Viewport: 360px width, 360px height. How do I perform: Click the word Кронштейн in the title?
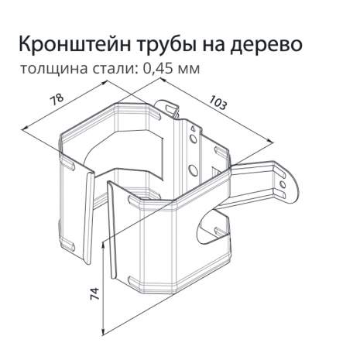coord(75,44)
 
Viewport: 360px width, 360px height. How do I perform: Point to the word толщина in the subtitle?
coord(54,69)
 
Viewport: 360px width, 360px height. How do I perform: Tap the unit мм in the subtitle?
coord(188,70)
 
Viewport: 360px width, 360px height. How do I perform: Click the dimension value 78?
coord(57,100)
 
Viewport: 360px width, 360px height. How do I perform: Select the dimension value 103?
coord(218,103)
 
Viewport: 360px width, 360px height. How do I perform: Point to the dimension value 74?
coord(94,293)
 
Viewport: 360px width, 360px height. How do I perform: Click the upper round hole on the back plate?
coord(193,139)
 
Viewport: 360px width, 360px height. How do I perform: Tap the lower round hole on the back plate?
coord(192,170)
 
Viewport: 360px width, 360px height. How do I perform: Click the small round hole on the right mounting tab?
coord(283,185)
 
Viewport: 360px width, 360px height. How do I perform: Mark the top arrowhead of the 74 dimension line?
coord(103,245)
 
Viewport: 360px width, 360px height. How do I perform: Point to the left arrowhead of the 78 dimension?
coord(24,129)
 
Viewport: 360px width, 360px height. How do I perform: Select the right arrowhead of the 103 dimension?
coord(269,140)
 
